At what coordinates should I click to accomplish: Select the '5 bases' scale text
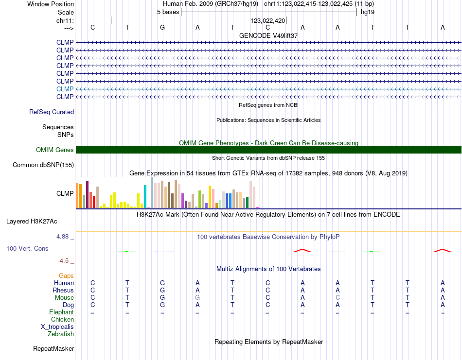[x=168, y=12]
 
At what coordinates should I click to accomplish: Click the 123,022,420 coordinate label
[x=267, y=20]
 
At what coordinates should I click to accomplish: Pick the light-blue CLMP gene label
[x=65, y=89]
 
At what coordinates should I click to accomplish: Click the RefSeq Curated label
[x=52, y=112]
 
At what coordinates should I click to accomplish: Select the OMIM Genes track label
[x=55, y=150]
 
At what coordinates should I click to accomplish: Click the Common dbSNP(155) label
[x=43, y=165]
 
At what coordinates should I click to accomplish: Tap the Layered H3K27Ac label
[x=32, y=222]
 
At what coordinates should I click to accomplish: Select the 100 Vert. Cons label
[x=27, y=248]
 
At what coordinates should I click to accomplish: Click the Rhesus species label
[x=63, y=290]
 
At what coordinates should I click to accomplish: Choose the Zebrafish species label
[x=61, y=334]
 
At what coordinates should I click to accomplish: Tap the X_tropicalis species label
[x=57, y=326]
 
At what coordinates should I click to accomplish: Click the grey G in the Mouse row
[x=197, y=297]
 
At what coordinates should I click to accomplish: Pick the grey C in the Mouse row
[x=338, y=297]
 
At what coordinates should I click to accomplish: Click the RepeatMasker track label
[x=53, y=348]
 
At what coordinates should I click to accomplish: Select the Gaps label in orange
[x=66, y=275]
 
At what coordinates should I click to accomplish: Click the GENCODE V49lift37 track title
[x=268, y=35]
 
